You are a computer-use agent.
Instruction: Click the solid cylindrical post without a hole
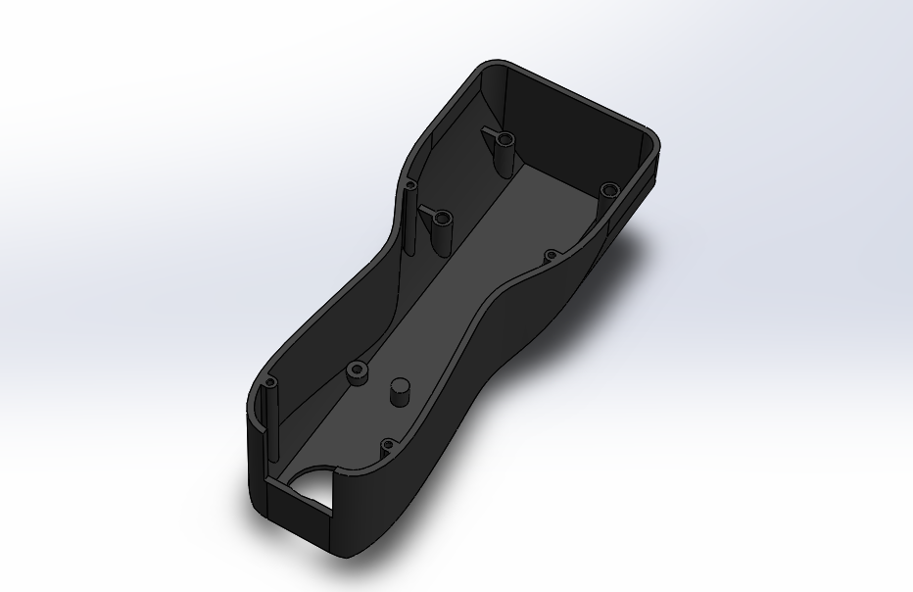coord(400,390)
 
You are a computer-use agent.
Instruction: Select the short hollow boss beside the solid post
coord(355,372)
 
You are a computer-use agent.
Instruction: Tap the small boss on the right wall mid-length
coord(551,257)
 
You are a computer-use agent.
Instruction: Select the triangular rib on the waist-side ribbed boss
coord(428,216)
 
